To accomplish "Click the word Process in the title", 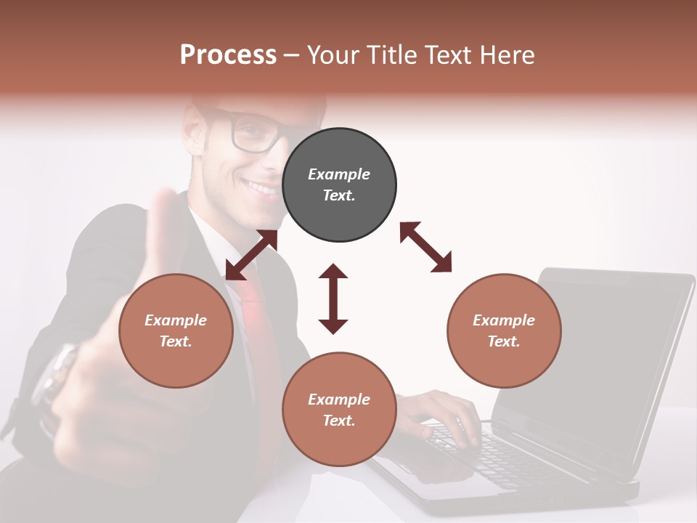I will [x=228, y=55].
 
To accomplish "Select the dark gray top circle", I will [x=339, y=185].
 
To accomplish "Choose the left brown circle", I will [x=176, y=331].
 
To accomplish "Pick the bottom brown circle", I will [x=339, y=409].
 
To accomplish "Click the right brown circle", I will [x=504, y=331].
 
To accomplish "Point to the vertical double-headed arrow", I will [x=333, y=299].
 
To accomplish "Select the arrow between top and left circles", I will [x=251, y=255].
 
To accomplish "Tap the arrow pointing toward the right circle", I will [x=426, y=247].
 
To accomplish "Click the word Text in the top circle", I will [x=339, y=195].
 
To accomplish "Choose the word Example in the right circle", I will [x=504, y=320].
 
